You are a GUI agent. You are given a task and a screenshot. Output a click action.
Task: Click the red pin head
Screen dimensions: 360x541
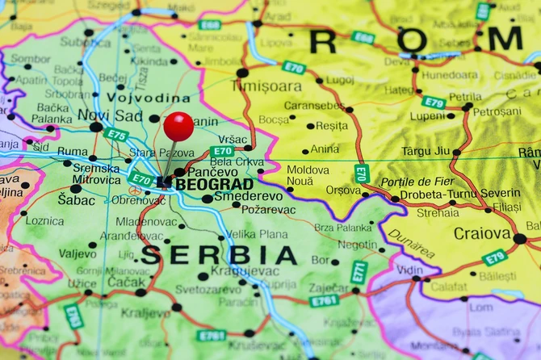[x=178, y=127]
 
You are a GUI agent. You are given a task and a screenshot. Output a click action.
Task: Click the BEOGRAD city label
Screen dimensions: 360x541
[x=203, y=185]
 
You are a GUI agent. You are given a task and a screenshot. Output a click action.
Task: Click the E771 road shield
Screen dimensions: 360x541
[x=359, y=273]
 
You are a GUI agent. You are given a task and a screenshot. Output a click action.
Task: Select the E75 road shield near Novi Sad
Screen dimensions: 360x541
[x=115, y=134]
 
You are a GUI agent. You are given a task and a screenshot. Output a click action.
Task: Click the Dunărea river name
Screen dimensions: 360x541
[x=410, y=244]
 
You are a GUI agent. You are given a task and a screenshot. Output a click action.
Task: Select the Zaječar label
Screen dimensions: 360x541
[x=329, y=287]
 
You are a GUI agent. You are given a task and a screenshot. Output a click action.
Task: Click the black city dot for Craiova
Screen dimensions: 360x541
[x=520, y=239]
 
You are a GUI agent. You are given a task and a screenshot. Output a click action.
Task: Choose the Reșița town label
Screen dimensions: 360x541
[x=331, y=126]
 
